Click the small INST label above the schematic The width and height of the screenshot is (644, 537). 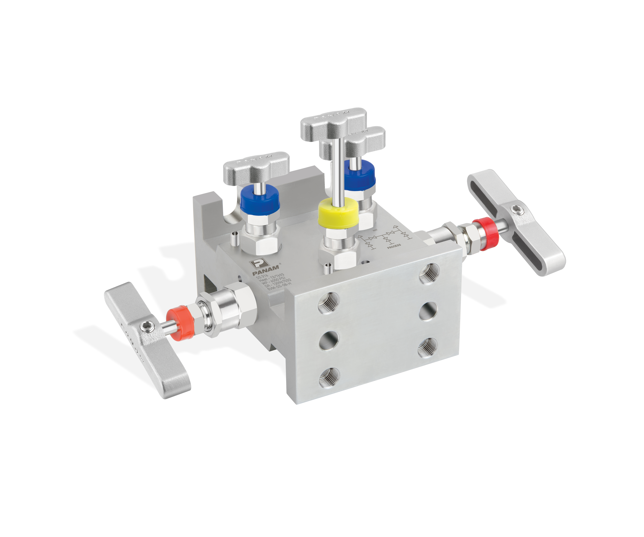coord(375,230)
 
